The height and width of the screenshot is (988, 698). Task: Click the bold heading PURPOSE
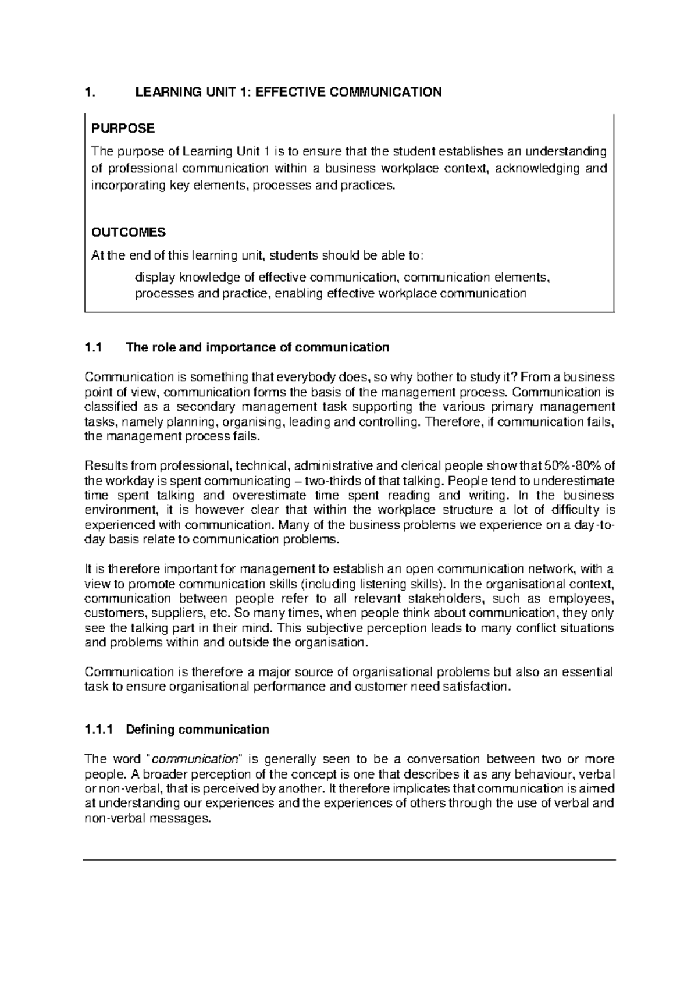(x=123, y=128)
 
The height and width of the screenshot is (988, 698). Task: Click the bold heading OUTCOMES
(x=129, y=233)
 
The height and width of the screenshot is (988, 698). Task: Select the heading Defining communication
(x=198, y=730)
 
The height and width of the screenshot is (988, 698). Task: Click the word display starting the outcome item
(x=154, y=278)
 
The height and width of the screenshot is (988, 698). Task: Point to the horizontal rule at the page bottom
(x=349, y=859)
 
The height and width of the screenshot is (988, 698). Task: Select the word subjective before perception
(x=337, y=628)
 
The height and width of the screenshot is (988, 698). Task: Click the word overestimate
(x=270, y=496)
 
